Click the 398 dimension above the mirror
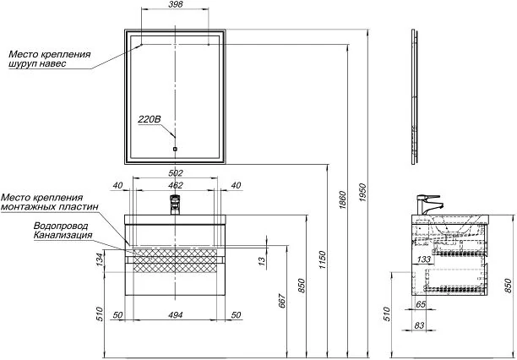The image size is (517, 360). tap(175, 4)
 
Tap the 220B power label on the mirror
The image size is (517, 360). tap(150, 119)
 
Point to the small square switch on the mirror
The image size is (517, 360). tap(175, 149)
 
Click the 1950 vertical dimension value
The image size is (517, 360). tap(362, 193)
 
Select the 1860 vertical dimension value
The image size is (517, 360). tap(342, 200)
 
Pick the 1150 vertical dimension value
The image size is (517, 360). tap(323, 259)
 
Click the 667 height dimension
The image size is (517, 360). tap(283, 300)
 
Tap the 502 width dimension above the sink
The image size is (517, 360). tap(175, 173)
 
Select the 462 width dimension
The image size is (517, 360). tap(175, 185)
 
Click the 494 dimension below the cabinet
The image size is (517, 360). tap(175, 315)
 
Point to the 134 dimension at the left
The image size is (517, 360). tap(101, 260)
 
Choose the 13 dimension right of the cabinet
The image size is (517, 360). tap(262, 260)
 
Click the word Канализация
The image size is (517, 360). tap(63, 235)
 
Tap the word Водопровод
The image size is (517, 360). tap(61, 226)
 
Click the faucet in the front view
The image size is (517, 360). tap(175, 205)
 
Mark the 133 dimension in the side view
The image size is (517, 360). tap(424, 259)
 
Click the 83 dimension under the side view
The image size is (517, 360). tap(419, 325)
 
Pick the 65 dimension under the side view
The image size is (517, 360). tap(421, 304)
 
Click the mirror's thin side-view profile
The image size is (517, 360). tap(415, 96)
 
